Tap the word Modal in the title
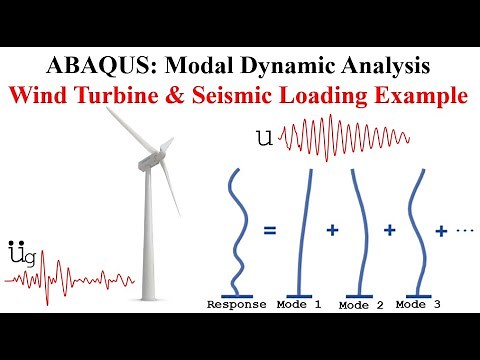(x=183, y=67)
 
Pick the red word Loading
(x=346, y=98)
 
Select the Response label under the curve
(x=236, y=304)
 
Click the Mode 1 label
(x=299, y=304)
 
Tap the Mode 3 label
(x=419, y=304)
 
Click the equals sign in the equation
(x=269, y=229)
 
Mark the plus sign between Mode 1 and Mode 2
(x=331, y=229)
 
